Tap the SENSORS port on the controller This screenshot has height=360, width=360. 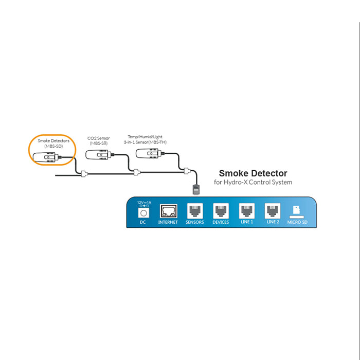click(x=195, y=211)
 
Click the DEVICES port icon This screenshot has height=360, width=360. click(x=221, y=211)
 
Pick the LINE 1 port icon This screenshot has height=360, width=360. click(x=246, y=211)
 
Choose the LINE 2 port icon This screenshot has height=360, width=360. click(x=272, y=211)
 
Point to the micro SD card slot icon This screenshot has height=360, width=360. click(x=297, y=211)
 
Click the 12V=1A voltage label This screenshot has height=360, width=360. click(x=143, y=203)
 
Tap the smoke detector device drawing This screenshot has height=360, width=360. click(x=48, y=157)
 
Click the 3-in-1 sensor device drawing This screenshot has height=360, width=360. click(x=150, y=153)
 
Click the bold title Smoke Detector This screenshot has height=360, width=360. click(x=253, y=173)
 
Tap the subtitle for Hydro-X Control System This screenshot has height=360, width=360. click(x=253, y=183)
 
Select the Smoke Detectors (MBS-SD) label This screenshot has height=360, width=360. click(x=53, y=143)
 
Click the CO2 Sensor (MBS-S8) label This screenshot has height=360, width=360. click(x=97, y=141)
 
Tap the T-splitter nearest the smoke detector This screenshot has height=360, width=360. click(x=85, y=174)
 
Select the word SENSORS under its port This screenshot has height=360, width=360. click(x=195, y=222)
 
